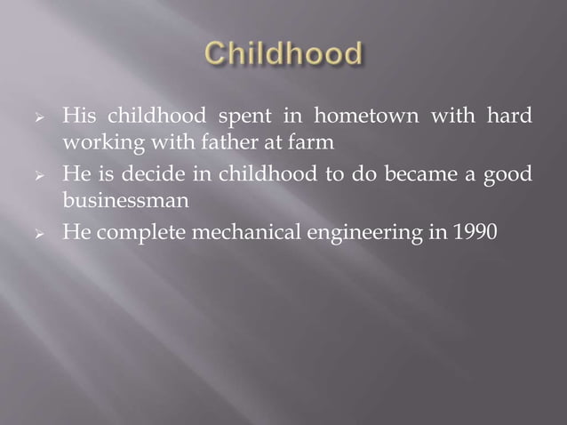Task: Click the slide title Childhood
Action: tap(283, 55)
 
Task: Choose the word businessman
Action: tap(124, 200)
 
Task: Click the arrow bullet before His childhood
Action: tap(37, 117)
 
